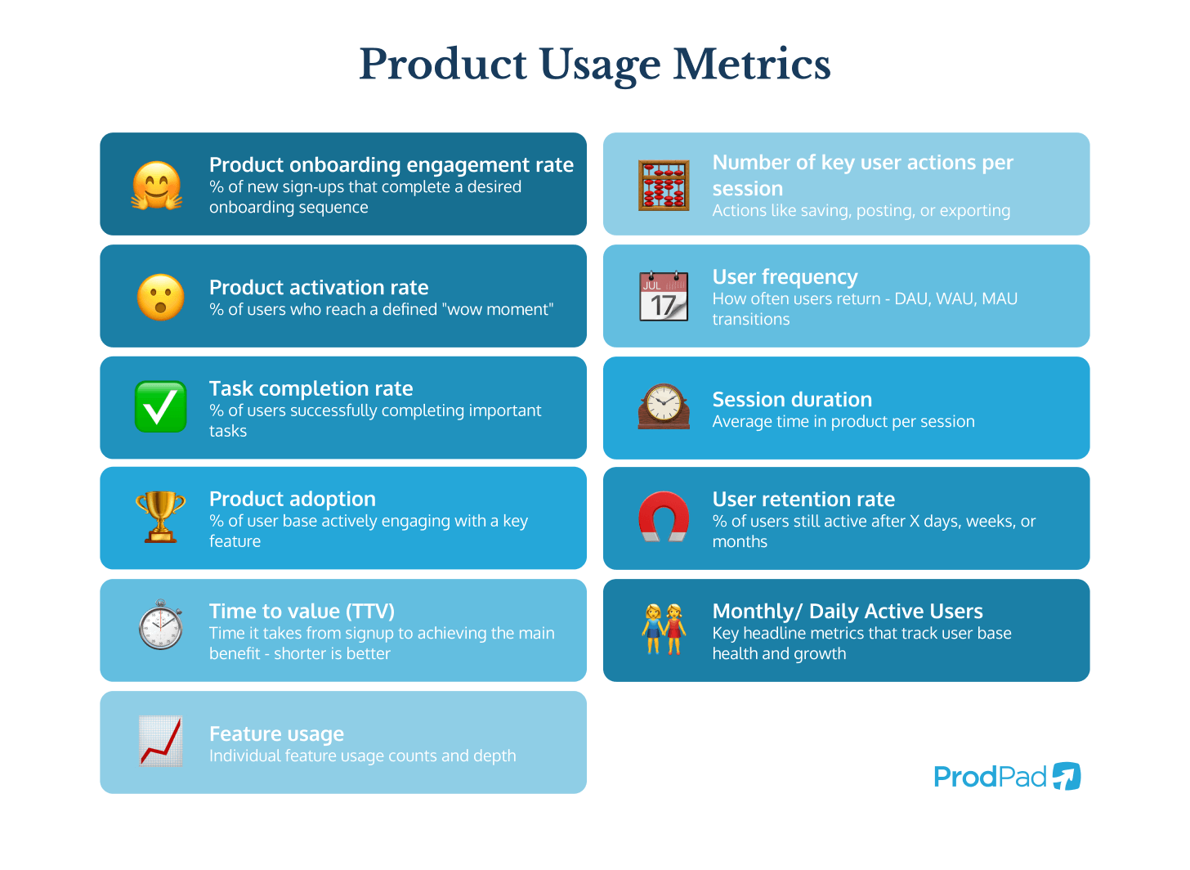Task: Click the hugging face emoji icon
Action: (x=157, y=185)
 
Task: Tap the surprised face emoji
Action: (x=160, y=297)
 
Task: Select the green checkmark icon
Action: (x=160, y=406)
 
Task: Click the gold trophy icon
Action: (x=160, y=517)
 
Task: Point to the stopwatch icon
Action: (x=160, y=626)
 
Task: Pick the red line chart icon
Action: (x=160, y=741)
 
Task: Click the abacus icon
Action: (x=664, y=186)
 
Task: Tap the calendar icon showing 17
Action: (x=664, y=296)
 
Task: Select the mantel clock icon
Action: (x=664, y=406)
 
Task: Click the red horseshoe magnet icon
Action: (x=664, y=517)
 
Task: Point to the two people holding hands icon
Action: (x=664, y=629)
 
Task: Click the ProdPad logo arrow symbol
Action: (x=1067, y=776)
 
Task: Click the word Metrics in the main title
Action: (x=751, y=65)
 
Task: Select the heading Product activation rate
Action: (x=319, y=288)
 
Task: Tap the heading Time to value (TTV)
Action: (x=302, y=612)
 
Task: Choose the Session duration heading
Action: (x=792, y=400)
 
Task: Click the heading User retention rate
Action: (x=803, y=500)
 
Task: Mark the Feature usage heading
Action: (x=276, y=734)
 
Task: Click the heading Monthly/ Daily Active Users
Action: (x=848, y=612)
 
